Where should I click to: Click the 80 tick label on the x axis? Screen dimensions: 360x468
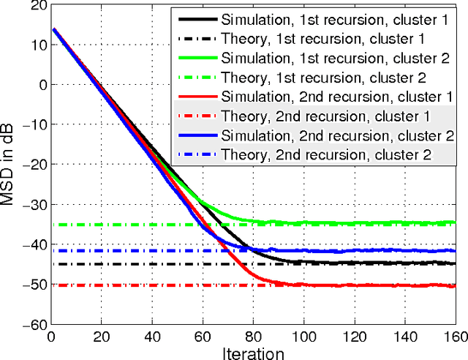253,337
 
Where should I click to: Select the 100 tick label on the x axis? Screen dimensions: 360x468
303,337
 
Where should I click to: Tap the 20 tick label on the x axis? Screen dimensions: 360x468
100,337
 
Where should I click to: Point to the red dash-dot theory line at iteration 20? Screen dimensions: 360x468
99,285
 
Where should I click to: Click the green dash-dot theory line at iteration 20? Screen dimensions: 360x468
99,225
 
